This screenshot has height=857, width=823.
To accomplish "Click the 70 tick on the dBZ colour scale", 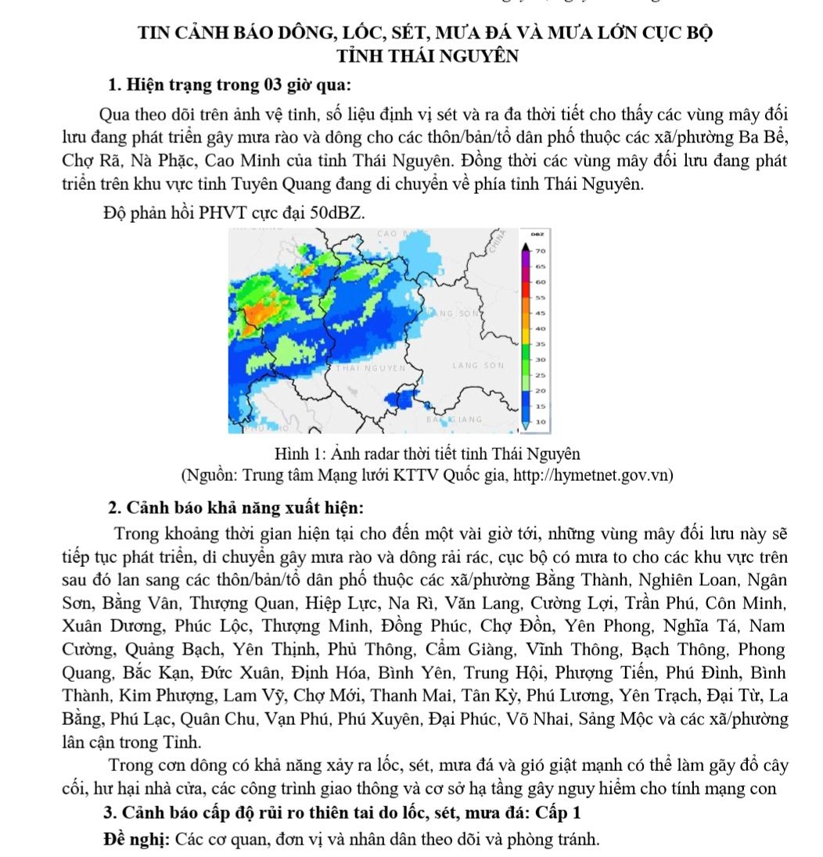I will coord(539,251).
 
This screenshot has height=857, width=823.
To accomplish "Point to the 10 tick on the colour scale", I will coord(539,421).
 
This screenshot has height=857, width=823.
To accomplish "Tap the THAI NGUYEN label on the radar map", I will coord(370,366).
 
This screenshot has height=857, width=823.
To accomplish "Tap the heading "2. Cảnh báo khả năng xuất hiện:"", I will coord(235,507).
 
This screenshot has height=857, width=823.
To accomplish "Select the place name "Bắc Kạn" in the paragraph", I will coord(147,673).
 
